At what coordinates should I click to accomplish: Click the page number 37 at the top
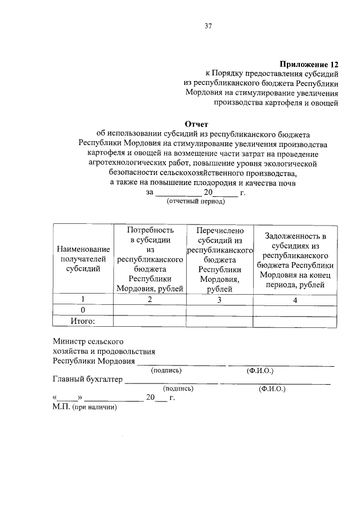(208, 25)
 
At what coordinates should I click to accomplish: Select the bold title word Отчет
(196, 124)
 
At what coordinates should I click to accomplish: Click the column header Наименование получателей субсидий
(83, 259)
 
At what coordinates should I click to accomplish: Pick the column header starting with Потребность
(150, 259)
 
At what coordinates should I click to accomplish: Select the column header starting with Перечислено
(219, 259)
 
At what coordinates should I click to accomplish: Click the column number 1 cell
(83, 299)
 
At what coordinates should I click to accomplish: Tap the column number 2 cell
(150, 299)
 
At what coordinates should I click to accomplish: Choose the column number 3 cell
(219, 299)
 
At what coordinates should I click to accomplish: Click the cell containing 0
(83, 310)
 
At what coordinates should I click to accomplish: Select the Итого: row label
(83, 321)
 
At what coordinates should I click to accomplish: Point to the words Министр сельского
(88, 341)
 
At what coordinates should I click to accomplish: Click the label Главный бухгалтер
(87, 380)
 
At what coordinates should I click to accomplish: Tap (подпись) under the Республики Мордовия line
(166, 371)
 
